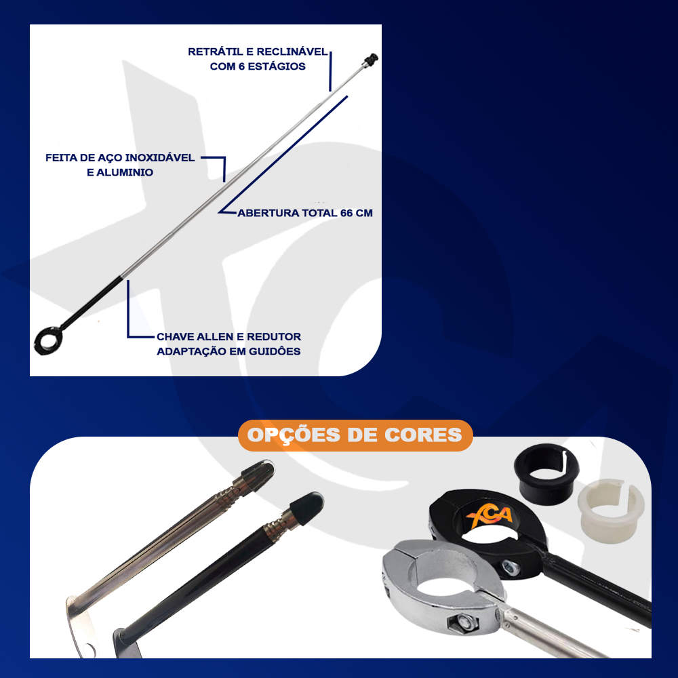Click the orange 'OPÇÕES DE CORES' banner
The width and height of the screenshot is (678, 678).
coord(355,435)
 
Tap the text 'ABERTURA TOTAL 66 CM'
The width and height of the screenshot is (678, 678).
coord(305,213)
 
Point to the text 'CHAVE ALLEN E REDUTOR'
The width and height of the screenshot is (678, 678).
coord(228,336)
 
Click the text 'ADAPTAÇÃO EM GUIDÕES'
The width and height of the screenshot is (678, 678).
coord(228,351)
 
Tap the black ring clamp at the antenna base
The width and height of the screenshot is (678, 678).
coord(48,341)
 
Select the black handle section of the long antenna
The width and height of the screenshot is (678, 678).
coord(92,302)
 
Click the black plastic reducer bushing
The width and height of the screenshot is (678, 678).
coord(546,471)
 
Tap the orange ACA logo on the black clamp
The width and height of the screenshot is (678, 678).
coord(490,517)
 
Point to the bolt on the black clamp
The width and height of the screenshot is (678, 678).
coord(511,567)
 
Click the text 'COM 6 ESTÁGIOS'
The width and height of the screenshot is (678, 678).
coord(258,66)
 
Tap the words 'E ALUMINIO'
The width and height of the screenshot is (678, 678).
coord(120,172)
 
